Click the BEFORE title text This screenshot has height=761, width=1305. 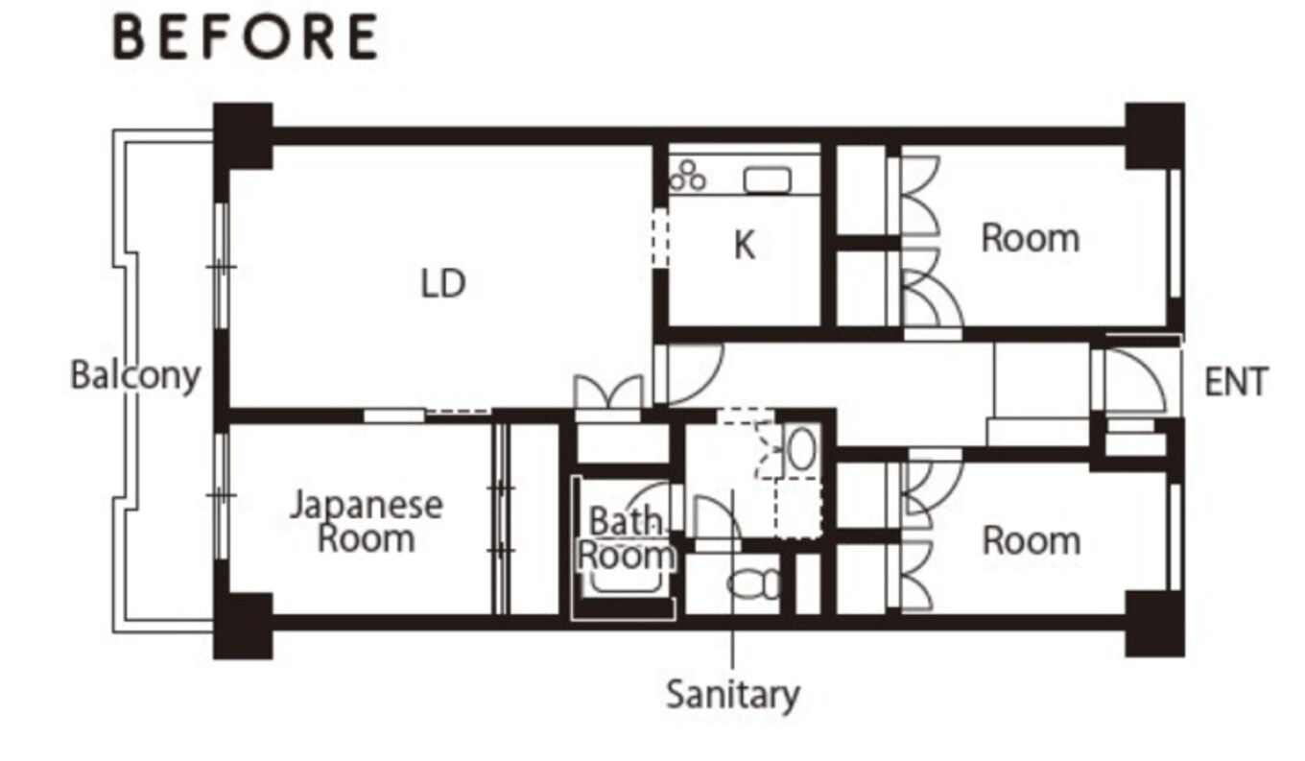pyautogui.click(x=246, y=36)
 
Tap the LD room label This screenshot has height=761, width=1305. pyautogui.click(x=443, y=284)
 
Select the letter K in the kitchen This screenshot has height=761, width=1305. pyautogui.click(x=745, y=245)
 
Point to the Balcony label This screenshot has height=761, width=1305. pyautogui.click(x=135, y=375)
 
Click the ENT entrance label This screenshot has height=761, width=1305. pyautogui.click(x=1236, y=382)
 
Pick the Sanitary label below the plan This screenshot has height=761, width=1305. pyautogui.click(x=733, y=695)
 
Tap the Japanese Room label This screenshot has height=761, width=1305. pyautogui.click(x=367, y=521)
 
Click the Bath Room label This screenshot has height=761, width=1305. pyautogui.click(x=627, y=538)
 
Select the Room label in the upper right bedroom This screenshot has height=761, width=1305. pyautogui.click(x=1031, y=238)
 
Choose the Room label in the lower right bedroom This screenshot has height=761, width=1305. pyautogui.click(x=1032, y=541)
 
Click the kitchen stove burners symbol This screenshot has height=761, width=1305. pyautogui.click(x=687, y=176)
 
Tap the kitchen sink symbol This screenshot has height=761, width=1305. pyautogui.click(x=768, y=179)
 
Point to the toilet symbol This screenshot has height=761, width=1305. pyautogui.click(x=753, y=583)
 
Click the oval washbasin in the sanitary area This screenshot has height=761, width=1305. pyautogui.click(x=801, y=450)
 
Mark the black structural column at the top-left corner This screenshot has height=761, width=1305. pyautogui.click(x=243, y=136)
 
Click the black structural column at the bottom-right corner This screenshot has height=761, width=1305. pyautogui.click(x=1155, y=624)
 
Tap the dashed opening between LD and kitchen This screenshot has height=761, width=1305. pyautogui.click(x=659, y=238)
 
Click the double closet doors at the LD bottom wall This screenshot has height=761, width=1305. pyautogui.click(x=608, y=392)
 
